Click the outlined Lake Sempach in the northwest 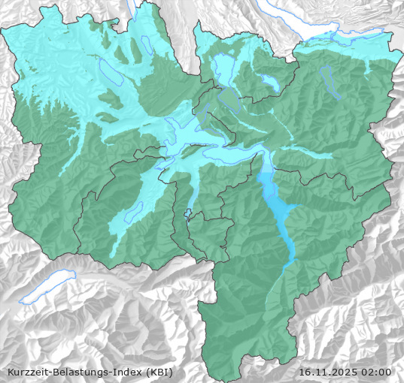[110, 71]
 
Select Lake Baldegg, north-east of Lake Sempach [142, 48]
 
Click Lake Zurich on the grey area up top [316, 30]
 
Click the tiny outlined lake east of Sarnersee [187, 213]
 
